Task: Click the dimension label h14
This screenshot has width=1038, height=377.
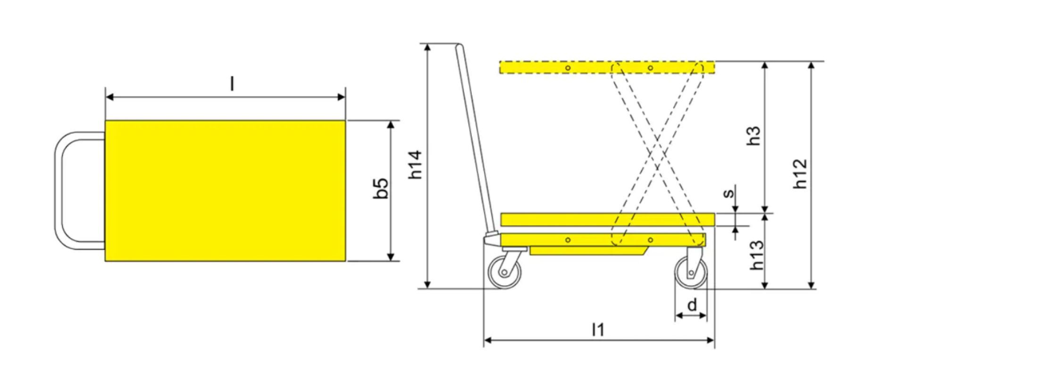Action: click(416, 164)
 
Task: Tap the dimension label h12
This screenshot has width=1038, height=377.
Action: click(800, 174)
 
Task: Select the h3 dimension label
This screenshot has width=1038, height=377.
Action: click(754, 136)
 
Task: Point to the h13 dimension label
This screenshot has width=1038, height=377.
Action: click(756, 255)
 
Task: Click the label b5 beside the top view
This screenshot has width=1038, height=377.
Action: click(381, 188)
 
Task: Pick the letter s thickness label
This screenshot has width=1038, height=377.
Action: click(729, 193)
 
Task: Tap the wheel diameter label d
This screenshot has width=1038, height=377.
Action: click(692, 305)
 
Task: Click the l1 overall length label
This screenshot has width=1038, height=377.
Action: click(598, 330)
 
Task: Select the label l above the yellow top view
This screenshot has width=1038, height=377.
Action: click(232, 84)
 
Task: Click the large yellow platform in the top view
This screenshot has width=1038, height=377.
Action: click(226, 191)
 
